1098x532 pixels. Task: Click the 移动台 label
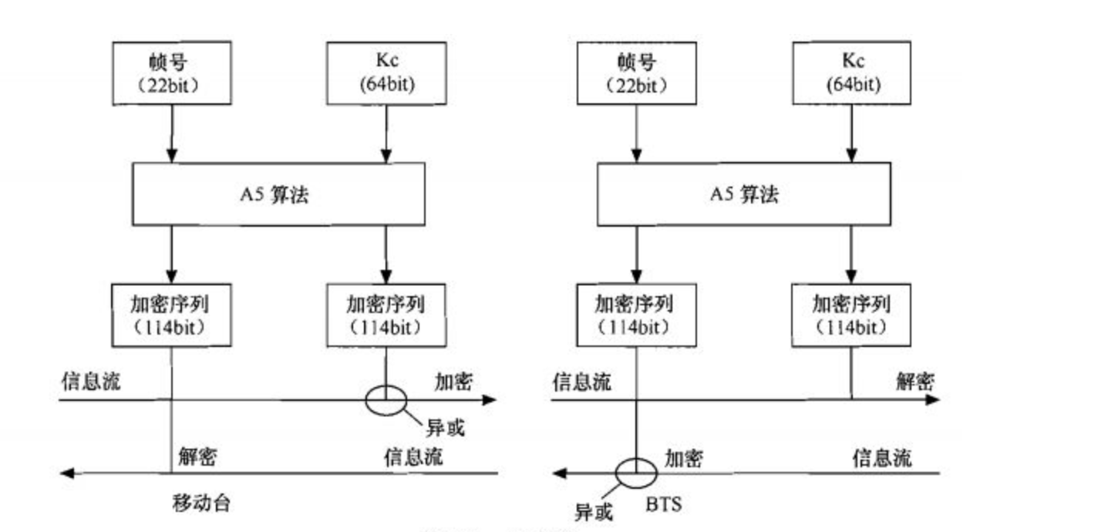[201, 504]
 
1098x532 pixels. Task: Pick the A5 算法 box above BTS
[743, 194]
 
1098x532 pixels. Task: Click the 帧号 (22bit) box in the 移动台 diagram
[171, 73]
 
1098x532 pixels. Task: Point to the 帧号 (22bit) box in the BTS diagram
[635, 73]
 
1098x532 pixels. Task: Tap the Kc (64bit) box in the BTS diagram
[851, 73]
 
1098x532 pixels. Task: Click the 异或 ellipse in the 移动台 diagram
[386, 399]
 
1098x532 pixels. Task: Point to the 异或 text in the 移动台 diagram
[446, 427]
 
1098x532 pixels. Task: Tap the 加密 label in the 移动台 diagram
[453, 381]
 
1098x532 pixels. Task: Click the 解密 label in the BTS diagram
[915, 381]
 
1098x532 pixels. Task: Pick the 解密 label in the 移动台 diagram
[197, 456]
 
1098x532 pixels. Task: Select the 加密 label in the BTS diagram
[683, 458]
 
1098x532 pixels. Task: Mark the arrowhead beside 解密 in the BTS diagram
[932, 399]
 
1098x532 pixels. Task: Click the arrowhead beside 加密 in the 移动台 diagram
[490, 399]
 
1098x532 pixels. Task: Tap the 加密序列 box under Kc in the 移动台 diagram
[386, 315]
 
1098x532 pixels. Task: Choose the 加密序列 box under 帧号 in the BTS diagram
[635, 315]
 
